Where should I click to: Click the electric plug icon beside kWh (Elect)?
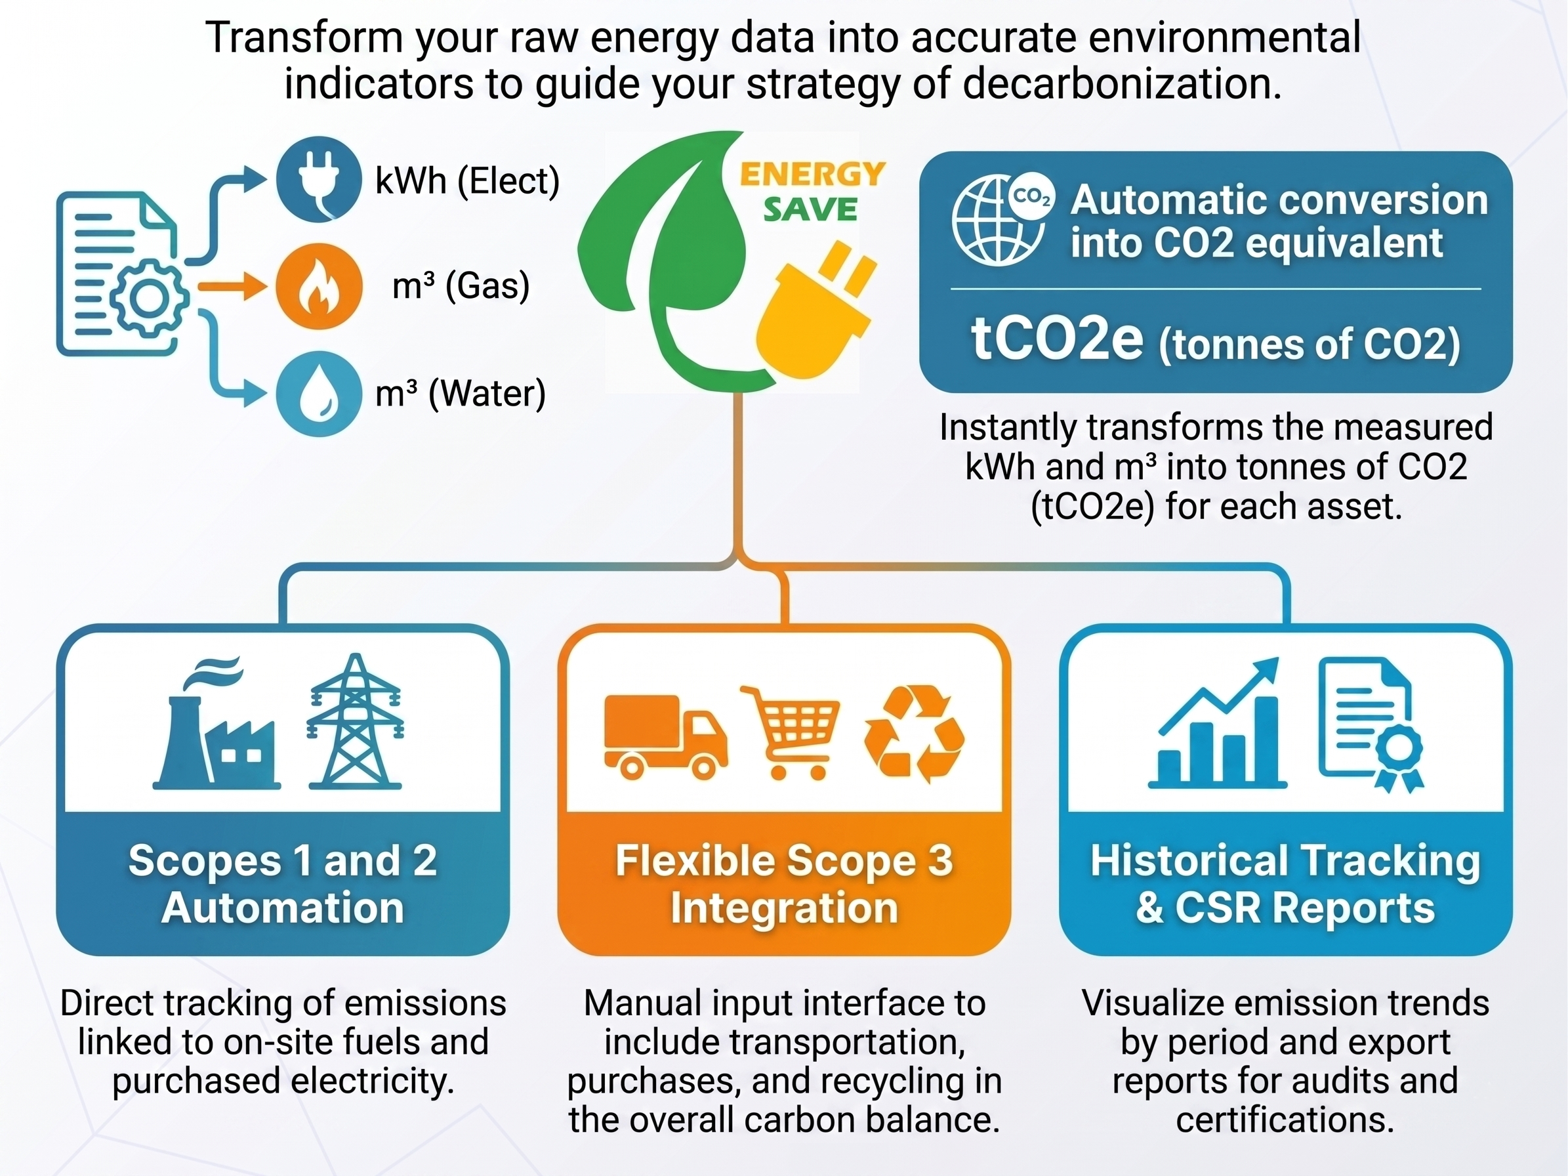click(x=319, y=179)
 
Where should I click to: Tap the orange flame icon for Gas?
click(x=319, y=286)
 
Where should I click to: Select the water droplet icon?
click(x=319, y=394)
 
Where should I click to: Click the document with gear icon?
click(x=122, y=274)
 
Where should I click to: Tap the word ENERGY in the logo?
click(x=812, y=175)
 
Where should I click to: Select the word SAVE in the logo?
click(x=810, y=209)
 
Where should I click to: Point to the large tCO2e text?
click(x=1057, y=337)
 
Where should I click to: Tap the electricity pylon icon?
click(x=355, y=722)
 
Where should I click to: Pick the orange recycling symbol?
click(x=915, y=734)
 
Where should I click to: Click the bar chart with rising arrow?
click(x=1216, y=723)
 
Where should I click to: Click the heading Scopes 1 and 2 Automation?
click(x=283, y=884)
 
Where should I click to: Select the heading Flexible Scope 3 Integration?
click(x=784, y=884)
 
